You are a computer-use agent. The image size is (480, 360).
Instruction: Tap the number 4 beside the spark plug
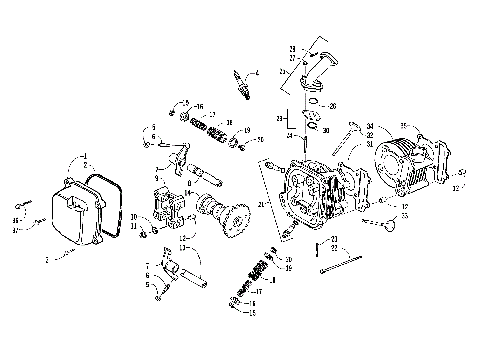[257, 73]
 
